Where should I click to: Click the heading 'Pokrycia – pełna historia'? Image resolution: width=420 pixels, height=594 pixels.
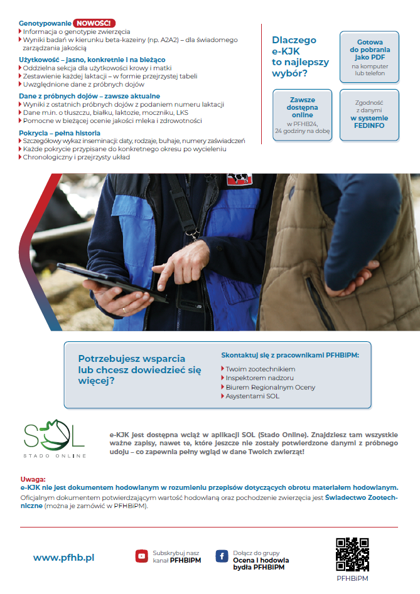tap(60, 133)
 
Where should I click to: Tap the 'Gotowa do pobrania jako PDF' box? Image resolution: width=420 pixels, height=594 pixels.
tap(369, 56)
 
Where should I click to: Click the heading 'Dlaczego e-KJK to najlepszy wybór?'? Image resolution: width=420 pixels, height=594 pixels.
tap(294, 56)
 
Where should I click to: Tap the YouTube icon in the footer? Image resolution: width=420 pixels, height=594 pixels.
tap(141, 556)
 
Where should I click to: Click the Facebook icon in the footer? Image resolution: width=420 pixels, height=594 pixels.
tap(222, 556)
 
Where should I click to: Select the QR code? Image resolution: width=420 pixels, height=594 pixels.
tap(352, 554)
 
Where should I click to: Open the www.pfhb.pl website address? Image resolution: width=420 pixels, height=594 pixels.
tap(63, 557)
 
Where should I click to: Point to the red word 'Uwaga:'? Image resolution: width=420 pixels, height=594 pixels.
tap(33, 479)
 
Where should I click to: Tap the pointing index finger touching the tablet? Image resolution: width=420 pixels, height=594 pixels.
tap(164, 276)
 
